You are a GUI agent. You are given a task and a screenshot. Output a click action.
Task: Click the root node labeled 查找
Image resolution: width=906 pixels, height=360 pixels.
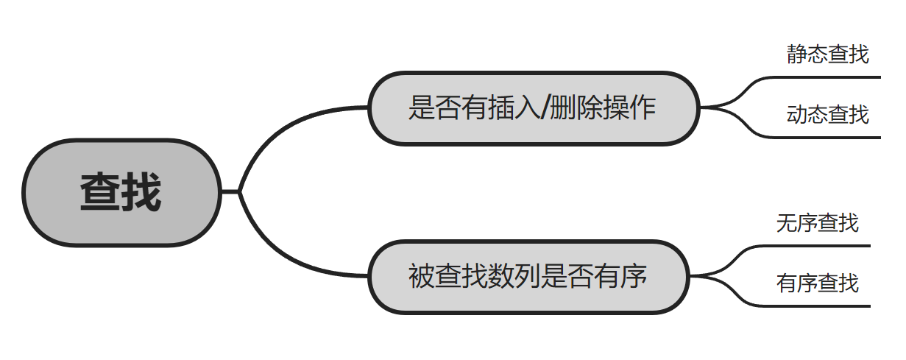[x=121, y=192]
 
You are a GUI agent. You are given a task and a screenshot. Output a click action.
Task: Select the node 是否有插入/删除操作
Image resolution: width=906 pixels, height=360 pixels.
[x=532, y=108]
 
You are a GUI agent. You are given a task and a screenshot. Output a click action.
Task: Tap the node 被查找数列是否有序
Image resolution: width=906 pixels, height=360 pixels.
[x=528, y=277]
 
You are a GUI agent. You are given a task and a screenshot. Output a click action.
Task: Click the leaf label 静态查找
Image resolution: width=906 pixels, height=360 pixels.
[x=827, y=54]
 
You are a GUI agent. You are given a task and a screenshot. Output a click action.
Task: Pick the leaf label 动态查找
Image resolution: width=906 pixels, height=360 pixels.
[x=827, y=114]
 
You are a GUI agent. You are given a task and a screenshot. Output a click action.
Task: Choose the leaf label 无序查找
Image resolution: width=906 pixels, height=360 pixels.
[x=817, y=222]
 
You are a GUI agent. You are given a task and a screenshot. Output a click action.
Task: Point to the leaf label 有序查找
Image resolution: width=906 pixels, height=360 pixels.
[x=817, y=283]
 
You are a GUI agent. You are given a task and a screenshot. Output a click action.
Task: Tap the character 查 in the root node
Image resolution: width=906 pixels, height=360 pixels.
[x=101, y=192]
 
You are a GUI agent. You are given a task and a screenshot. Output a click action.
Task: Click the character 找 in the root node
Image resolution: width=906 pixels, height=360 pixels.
[x=141, y=192]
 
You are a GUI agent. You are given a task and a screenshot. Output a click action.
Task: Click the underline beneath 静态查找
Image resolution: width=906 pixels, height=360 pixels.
[x=824, y=77]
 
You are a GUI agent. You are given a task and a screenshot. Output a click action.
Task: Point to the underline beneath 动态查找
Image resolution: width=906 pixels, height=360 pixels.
[x=824, y=137]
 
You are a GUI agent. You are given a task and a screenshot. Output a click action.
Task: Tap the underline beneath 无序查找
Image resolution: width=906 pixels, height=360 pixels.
[x=817, y=245]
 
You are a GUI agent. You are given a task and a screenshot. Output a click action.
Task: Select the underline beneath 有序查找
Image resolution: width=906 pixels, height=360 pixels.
[x=817, y=306]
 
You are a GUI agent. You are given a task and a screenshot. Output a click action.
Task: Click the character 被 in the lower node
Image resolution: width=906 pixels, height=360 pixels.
[x=422, y=277]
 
